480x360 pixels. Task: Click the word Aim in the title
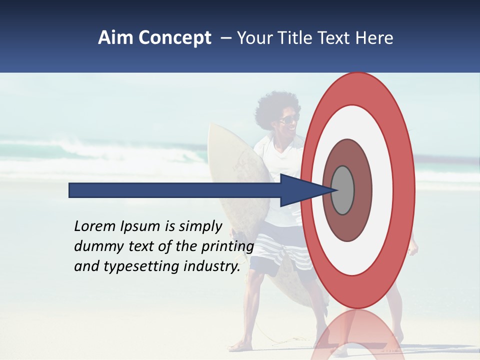[116, 38]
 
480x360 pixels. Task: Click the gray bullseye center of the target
[343, 190]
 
